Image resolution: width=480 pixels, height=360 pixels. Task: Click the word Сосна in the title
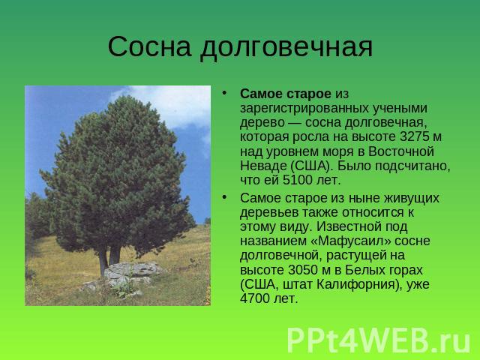tap(150, 46)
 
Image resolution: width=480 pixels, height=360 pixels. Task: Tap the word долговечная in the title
tap(286, 48)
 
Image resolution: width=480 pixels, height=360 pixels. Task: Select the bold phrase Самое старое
tap(285, 94)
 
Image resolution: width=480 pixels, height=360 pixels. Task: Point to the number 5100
tap(297, 180)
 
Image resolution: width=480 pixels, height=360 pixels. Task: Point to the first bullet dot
tap(225, 92)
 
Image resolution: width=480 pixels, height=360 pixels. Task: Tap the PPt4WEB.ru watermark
tap(378, 340)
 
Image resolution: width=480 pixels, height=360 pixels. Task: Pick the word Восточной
tap(401, 151)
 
